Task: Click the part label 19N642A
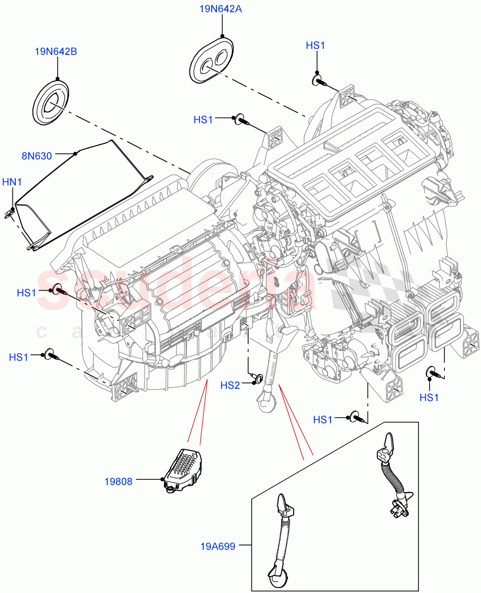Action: point(221,9)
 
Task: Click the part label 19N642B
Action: point(56,51)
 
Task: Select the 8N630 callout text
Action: point(37,156)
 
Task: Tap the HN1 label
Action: point(12,182)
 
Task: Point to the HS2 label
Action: point(230,385)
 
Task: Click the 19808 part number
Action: point(118,481)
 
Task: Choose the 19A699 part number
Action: point(218,546)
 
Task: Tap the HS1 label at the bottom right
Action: point(429,397)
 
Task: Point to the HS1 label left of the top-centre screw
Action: point(203,120)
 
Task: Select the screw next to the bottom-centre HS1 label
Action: point(358,418)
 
